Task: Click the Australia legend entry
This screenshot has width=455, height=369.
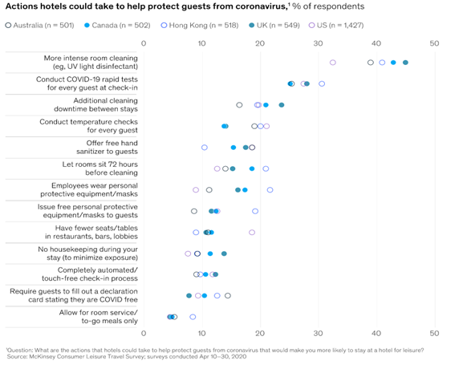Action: [40, 26]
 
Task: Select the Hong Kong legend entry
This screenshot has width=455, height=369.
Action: [200, 26]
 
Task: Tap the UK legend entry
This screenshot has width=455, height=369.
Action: [274, 26]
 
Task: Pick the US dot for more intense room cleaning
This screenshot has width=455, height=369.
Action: [333, 63]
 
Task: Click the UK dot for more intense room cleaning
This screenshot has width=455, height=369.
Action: [406, 63]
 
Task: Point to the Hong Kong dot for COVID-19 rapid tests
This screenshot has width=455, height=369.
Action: [322, 84]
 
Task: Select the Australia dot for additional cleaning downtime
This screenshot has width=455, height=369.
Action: [239, 105]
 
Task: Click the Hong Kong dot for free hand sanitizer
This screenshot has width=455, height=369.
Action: [205, 148]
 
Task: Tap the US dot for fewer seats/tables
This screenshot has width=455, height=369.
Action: [252, 233]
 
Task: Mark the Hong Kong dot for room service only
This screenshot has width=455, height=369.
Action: [193, 317]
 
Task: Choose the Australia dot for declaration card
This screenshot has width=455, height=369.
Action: [228, 296]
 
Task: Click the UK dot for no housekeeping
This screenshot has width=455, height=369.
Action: [224, 253]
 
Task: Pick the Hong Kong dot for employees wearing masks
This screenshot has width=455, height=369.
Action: [270, 190]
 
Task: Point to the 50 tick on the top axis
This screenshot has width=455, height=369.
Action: [434, 43]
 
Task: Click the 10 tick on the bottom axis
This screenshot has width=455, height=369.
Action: [201, 334]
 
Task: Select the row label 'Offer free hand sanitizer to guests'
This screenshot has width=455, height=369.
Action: [107, 148]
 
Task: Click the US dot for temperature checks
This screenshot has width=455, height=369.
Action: [266, 126]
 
